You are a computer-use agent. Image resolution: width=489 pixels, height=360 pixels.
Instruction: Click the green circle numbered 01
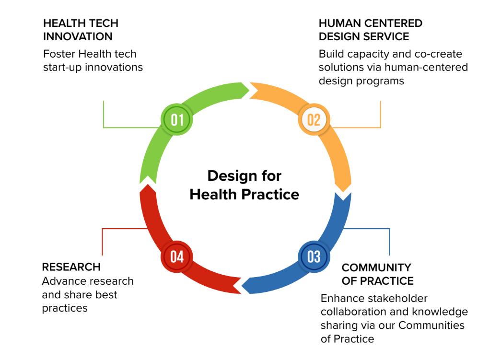(x=177, y=119)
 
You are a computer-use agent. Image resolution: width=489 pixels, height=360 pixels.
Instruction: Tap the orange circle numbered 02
(x=314, y=119)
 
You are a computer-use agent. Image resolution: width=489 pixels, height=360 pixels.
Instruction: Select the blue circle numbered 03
(x=314, y=257)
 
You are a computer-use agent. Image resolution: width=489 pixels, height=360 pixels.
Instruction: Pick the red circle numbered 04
(x=177, y=257)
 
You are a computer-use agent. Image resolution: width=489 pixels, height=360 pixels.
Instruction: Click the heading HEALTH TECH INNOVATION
(x=81, y=30)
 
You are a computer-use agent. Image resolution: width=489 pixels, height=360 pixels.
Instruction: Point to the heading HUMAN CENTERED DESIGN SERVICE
(x=371, y=30)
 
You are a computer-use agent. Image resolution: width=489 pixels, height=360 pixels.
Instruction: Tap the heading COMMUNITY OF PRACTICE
(x=378, y=274)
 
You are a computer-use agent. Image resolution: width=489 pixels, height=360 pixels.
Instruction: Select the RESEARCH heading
(x=71, y=267)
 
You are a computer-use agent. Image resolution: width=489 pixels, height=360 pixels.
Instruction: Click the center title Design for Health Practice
(x=244, y=185)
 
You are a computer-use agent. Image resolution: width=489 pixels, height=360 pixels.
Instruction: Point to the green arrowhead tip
(x=249, y=91)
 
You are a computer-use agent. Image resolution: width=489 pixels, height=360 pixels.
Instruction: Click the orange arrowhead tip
(x=343, y=192)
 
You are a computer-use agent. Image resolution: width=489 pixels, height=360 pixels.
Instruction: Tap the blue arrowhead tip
(x=242, y=285)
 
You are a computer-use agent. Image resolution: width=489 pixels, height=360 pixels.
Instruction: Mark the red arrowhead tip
(x=148, y=185)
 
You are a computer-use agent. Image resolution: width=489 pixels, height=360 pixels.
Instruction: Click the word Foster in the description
(x=59, y=54)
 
